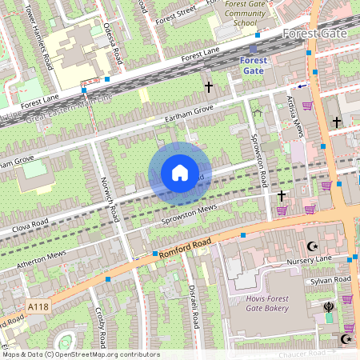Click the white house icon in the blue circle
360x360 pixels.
[180, 173]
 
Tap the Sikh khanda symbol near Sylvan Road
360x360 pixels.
[328, 306]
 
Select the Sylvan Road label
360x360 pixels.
[331, 279]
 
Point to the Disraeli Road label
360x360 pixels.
[193, 299]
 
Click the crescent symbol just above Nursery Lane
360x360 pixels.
[312, 246]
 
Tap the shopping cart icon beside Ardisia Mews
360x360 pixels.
[307, 106]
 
